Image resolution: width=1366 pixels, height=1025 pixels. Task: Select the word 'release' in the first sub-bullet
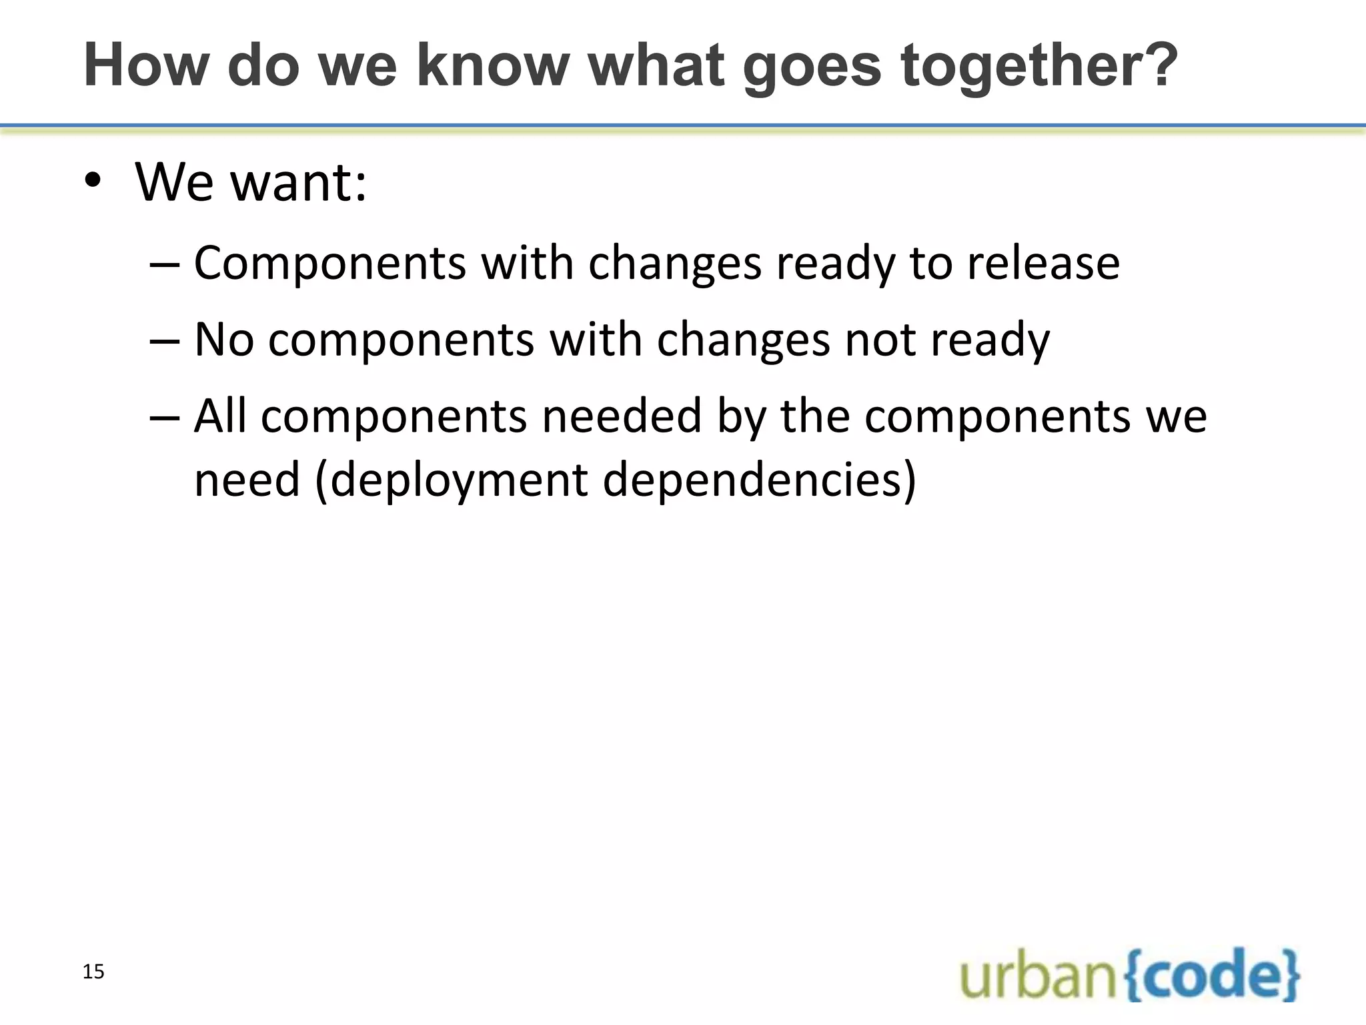click(1044, 263)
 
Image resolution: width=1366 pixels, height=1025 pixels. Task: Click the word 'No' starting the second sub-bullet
click(224, 340)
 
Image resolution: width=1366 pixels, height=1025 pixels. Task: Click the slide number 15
click(93, 972)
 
